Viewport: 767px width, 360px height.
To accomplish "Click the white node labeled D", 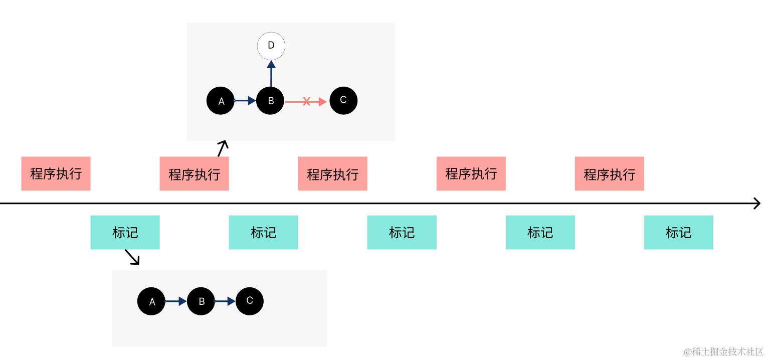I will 271,46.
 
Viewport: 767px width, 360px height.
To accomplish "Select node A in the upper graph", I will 221,101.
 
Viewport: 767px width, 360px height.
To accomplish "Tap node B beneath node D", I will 270,101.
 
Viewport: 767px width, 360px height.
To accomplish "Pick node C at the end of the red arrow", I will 343,100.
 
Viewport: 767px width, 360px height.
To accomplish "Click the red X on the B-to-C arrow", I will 306,102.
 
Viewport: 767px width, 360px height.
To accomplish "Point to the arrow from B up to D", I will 271,74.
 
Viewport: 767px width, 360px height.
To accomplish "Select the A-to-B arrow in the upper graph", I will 245,101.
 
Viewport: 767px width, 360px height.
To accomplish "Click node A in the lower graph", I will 151,301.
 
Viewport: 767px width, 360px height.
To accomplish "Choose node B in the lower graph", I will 201,301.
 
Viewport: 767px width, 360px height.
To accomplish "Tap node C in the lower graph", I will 250,301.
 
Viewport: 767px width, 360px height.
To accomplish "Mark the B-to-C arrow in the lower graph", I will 225,301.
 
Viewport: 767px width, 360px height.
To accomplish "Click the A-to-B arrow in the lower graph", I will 176,301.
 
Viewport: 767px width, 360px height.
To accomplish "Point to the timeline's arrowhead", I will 757,204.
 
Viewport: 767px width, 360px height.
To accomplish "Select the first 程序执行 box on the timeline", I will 56,173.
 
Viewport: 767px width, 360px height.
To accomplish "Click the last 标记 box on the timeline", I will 678,232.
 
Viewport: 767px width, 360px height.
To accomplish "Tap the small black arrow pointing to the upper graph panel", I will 223,148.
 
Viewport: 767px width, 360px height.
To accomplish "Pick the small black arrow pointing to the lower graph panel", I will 132,257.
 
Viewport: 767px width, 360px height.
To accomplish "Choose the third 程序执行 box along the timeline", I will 332,173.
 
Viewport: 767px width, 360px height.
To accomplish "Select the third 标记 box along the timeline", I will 402,232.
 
